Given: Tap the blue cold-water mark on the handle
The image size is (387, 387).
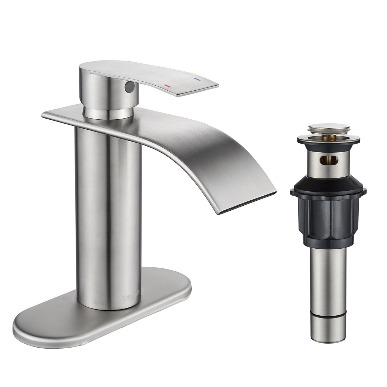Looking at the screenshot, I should [x=196, y=78].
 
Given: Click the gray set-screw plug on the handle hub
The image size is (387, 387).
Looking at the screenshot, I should [x=130, y=86].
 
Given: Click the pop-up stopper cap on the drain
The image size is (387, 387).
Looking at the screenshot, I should [x=328, y=128].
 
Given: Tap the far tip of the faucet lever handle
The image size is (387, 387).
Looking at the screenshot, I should [x=215, y=86].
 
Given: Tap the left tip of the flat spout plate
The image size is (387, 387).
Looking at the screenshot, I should [x=44, y=115].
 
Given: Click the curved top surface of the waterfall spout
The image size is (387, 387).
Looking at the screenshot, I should [x=215, y=150].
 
